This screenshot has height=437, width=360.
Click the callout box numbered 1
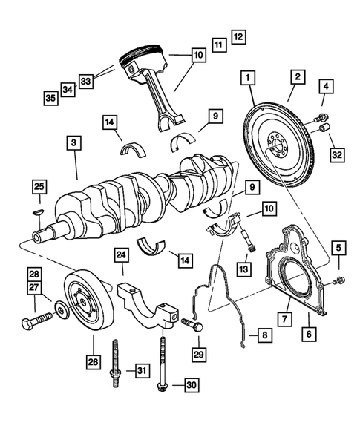[x=247, y=76]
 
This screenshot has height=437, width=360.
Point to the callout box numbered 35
[x=50, y=96]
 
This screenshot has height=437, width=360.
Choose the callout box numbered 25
[x=39, y=185]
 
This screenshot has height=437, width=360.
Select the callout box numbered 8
[x=264, y=335]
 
